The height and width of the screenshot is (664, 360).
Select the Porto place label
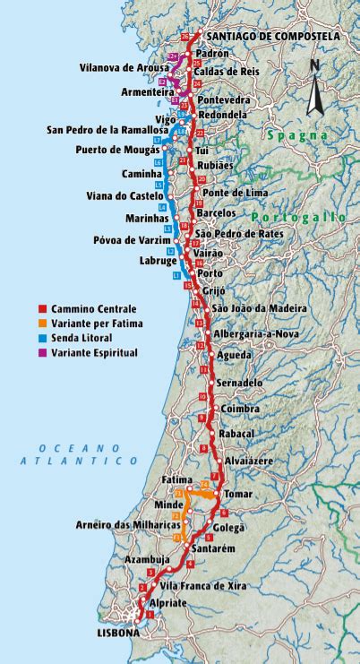211,273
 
